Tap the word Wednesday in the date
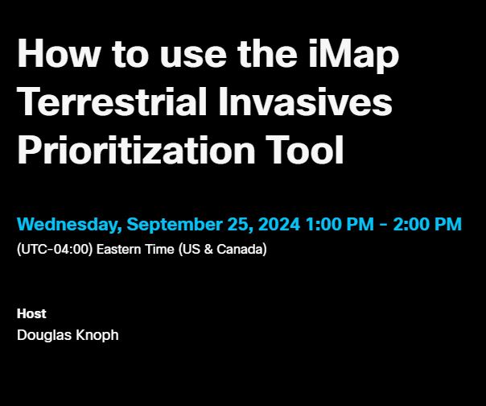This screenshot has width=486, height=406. point(68,224)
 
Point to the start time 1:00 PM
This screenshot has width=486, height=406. point(339,224)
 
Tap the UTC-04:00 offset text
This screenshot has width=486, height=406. point(54,249)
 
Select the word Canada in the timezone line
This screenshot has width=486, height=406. point(240,249)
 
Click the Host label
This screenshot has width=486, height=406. point(31,313)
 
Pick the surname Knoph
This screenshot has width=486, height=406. point(97,334)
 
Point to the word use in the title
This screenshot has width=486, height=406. point(167,55)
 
